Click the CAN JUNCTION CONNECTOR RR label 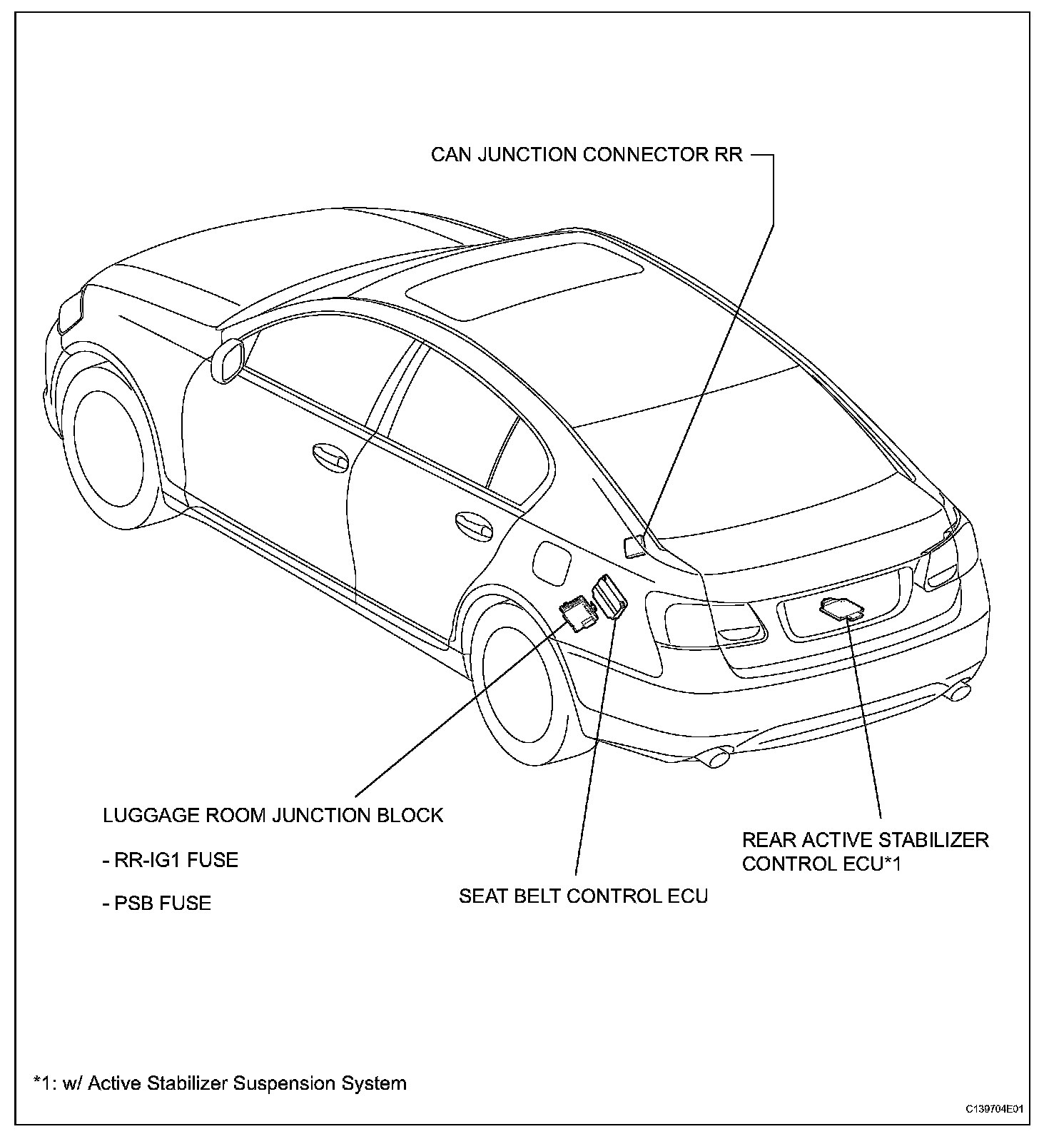587,155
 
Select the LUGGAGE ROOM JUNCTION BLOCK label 273,815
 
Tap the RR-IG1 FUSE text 170,860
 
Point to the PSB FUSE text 156,903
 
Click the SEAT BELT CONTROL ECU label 583,896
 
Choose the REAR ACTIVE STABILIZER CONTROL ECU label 865,851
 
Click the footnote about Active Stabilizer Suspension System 220,1083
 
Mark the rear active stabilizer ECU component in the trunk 842,608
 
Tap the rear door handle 473,524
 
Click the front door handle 330,457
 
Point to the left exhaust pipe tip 716,756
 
